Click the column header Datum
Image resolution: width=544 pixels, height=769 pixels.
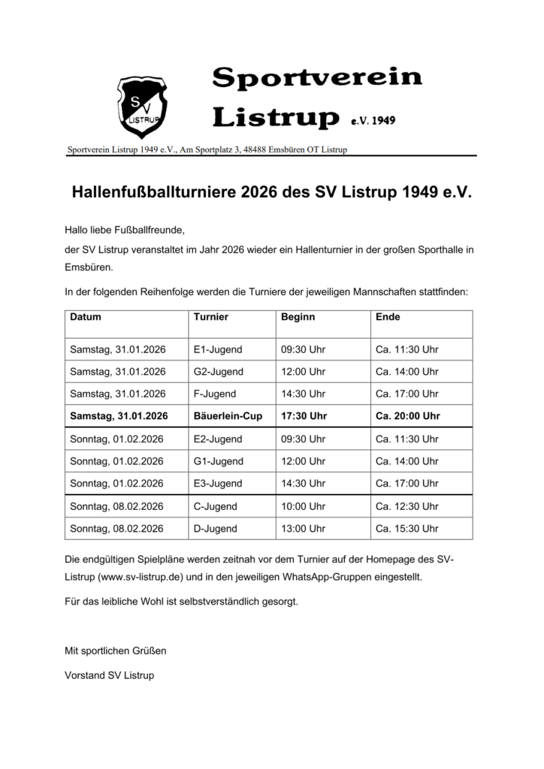tap(86, 317)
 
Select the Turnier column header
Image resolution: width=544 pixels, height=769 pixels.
tap(210, 317)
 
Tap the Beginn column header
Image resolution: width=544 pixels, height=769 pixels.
tap(298, 317)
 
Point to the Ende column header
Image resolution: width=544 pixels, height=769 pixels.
tap(388, 317)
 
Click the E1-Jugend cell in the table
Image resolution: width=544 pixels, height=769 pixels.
tap(218, 349)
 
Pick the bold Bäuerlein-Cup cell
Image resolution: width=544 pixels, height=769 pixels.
tap(228, 416)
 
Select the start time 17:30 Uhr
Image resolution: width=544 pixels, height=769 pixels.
tap(304, 416)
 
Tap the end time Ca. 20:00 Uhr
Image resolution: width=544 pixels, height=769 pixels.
tap(408, 416)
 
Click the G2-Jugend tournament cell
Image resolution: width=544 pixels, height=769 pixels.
tap(219, 372)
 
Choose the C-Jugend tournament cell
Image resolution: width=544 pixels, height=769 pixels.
tap(216, 506)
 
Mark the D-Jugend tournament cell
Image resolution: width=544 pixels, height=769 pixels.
tap(216, 529)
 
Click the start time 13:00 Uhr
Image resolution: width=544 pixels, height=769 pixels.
tap(303, 529)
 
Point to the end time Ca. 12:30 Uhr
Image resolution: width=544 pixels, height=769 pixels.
tap(406, 506)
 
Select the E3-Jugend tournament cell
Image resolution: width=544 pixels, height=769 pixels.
tap(218, 484)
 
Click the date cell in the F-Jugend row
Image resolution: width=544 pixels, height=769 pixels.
tap(117, 394)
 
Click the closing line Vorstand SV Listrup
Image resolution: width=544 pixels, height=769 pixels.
tap(110, 675)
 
